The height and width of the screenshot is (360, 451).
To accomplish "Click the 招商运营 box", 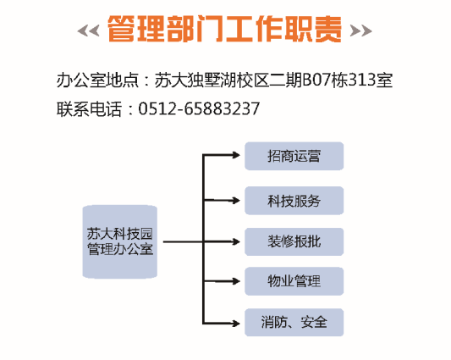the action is click(x=294, y=156).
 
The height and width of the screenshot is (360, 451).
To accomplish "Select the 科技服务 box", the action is click(x=294, y=201).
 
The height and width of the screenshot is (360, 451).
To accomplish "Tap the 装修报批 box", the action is click(x=294, y=241).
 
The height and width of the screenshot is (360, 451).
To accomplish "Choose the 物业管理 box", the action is click(x=294, y=281).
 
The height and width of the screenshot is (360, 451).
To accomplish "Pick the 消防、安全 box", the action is click(x=294, y=322).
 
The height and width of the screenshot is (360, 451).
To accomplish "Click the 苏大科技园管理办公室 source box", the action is click(x=120, y=241).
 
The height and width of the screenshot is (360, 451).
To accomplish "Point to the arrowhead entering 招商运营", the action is click(x=236, y=155).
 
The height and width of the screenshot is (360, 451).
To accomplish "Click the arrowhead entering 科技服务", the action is click(x=236, y=200).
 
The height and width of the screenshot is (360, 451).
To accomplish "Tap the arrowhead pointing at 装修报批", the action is click(x=236, y=241).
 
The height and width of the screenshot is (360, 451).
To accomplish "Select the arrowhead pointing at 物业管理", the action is click(x=236, y=281).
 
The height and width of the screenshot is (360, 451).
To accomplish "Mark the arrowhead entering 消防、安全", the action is click(x=236, y=324).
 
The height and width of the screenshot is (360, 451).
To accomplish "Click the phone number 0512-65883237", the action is click(x=199, y=109).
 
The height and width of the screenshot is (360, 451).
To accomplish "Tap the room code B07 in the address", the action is click(x=316, y=80).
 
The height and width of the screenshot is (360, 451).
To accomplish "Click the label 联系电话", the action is click(x=89, y=109).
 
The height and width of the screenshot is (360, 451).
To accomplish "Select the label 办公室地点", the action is click(x=97, y=80).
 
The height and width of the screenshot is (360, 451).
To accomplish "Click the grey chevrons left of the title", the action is click(x=89, y=30).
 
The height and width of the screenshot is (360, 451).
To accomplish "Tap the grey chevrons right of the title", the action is click(x=360, y=30).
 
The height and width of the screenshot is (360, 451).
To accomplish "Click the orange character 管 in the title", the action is click(x=122, y=29).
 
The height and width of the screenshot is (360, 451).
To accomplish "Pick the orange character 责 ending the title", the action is click(x=328, y=29).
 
